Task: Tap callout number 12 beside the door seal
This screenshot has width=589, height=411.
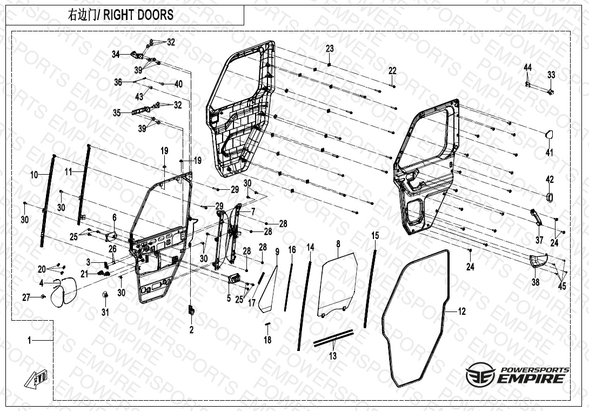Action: tap(461, 311)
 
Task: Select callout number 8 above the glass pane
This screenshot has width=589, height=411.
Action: tap(338, 245)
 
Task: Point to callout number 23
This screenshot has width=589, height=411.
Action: tap(330, 49)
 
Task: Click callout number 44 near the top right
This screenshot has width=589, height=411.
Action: tap(527, 67)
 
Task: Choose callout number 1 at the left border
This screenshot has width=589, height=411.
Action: tap(30, 340)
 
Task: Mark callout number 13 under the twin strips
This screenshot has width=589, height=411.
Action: tap(333, 356)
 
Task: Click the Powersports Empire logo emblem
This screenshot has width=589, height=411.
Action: tap(478, 375)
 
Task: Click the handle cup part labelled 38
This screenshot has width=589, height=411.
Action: tap(537, 261)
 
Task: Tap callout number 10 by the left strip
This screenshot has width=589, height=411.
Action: tap(34, 175)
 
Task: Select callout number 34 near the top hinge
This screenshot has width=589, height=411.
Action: tap(116, 54)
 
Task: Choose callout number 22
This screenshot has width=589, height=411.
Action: tap(392, 71)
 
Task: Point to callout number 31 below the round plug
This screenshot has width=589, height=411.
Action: tap(105, 312)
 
